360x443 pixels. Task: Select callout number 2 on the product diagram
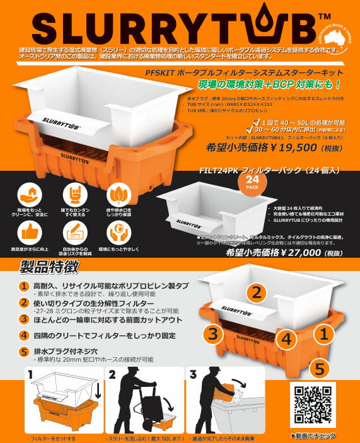255,292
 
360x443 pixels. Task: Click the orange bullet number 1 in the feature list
23,286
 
